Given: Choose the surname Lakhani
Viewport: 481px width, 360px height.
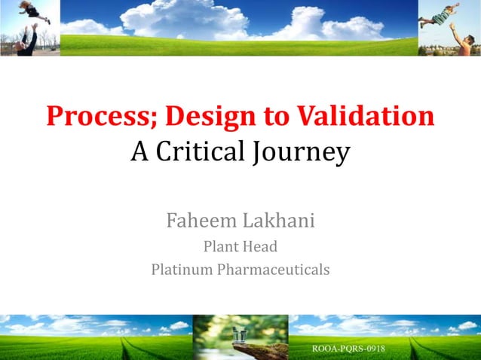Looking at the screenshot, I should pos(281,221).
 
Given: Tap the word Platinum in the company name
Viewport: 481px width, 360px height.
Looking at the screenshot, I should pos(182,269).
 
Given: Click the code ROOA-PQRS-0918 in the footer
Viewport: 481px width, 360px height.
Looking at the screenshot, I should pos(349,349).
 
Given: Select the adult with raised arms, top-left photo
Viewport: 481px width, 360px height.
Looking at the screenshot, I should pos(27,41).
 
